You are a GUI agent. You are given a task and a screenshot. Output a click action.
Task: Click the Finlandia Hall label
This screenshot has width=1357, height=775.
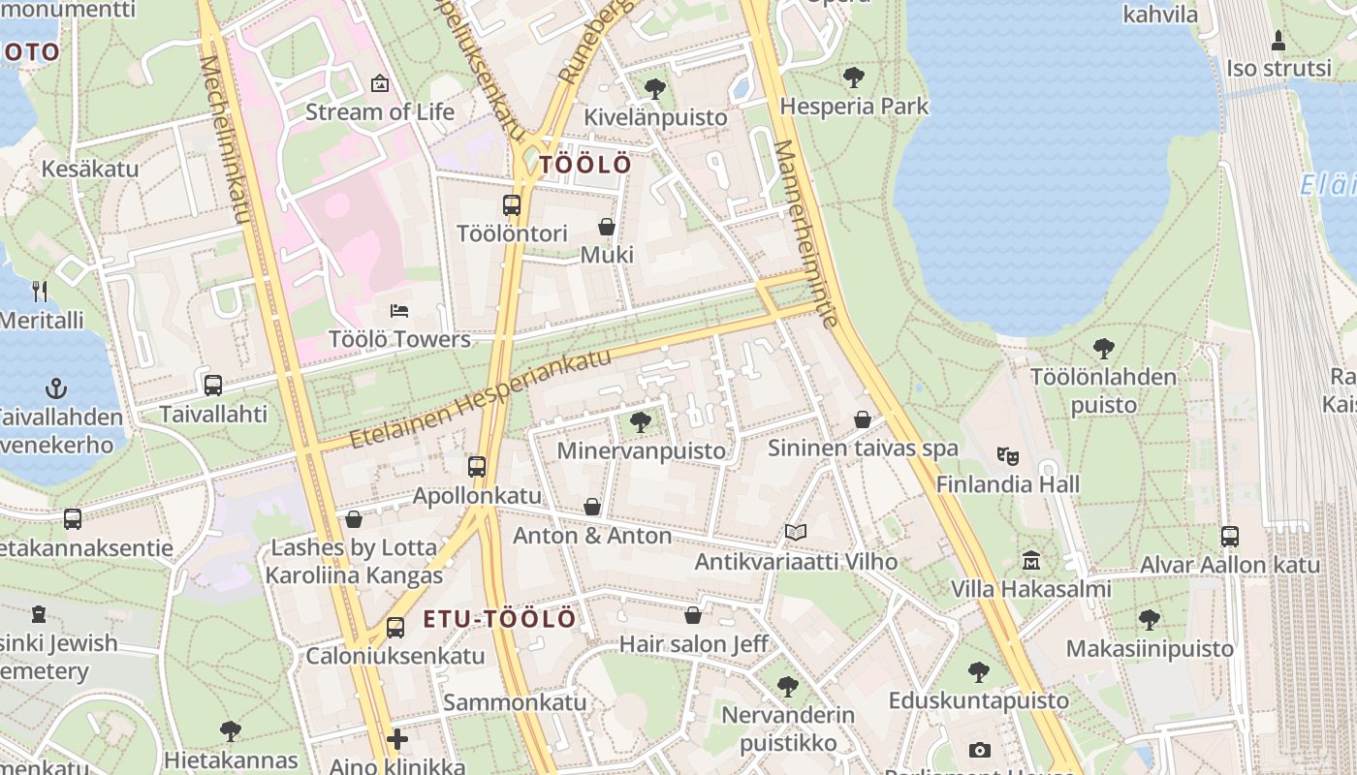[x=1008, y=484]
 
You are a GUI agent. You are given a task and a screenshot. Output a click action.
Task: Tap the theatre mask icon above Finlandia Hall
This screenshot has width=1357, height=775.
[x=1008, y=454]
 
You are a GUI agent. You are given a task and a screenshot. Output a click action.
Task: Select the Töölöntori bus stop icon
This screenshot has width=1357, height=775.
[x=511, y=205]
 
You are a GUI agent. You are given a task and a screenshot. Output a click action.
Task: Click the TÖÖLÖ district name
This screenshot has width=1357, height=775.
[x=584, y=165]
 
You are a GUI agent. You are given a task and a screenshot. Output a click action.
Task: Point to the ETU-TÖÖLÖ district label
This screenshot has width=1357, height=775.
[x=499, y=619]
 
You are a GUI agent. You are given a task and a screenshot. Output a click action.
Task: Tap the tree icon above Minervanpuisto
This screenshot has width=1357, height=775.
[x=640, y=421]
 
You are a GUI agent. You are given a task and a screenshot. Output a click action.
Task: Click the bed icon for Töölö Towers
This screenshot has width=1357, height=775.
[x=398, y=311]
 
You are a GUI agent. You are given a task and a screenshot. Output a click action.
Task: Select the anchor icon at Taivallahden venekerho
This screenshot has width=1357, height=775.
[x=56, y=389]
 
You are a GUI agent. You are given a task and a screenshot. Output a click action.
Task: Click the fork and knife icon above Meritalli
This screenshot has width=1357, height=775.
[x=40, y=291]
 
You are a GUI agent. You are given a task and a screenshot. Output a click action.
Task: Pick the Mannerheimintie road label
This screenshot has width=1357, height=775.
[x=805, y=232]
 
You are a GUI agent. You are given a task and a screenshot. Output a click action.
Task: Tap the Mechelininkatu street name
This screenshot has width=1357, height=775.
[x=225, y=140]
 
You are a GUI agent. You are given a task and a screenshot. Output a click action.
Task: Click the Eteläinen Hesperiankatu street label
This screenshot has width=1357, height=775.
[x=482, y=397]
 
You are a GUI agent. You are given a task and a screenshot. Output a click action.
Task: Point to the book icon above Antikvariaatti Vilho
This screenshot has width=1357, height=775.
[x=796, y=532]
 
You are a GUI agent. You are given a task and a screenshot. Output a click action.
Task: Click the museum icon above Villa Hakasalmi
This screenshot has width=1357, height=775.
[x=1030, y=561]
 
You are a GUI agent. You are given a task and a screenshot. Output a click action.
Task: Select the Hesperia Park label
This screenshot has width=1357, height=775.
[x=854, y=107]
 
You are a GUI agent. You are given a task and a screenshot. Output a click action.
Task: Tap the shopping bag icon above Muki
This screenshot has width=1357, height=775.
[x=607, y=227]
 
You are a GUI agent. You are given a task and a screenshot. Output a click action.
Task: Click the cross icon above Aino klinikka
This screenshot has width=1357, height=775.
[x=397, y=740]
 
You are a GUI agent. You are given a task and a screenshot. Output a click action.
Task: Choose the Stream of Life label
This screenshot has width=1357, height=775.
[x=380, y=111]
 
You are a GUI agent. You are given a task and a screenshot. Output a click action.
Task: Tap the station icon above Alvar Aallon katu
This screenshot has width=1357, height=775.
[x=1229, y=536]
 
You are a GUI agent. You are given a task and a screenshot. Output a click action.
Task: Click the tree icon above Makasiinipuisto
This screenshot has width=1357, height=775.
[x=1150, y=618]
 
